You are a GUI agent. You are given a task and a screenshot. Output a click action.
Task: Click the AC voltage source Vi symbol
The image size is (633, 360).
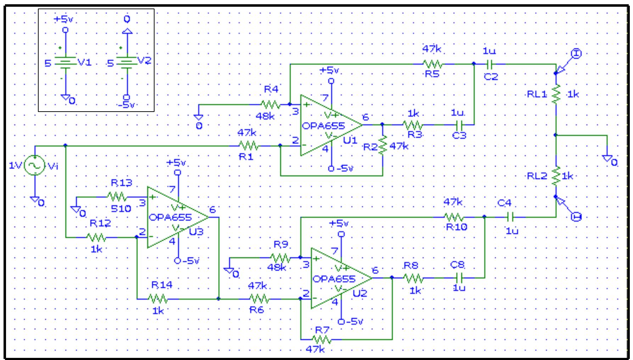click(35, 165)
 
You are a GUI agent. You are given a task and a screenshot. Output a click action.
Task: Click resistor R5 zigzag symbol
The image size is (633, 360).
click(432, 64)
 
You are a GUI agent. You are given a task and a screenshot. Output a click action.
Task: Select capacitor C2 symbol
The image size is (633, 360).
click(490, 64)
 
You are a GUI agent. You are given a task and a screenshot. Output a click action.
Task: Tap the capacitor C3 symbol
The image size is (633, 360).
click(459, 125)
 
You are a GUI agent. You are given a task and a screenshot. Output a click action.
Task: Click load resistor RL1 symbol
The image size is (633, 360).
click(556, 94)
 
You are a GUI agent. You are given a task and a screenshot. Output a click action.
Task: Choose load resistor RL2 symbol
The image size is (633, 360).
click(556, 176)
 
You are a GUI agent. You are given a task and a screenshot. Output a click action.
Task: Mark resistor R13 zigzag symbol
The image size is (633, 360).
click(117, 197)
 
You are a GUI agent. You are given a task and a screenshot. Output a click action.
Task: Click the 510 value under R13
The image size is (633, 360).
click(121, 209)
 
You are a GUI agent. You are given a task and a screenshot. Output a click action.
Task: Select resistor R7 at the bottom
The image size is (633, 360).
click(322, 340)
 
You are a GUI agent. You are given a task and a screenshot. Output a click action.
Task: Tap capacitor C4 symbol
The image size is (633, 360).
click(510, 216)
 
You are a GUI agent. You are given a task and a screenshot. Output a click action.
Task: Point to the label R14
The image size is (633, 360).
click(162, 285)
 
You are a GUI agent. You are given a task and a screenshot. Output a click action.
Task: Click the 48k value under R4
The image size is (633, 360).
click(265, 116)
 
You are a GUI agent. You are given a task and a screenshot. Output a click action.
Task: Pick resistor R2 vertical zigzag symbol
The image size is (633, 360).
click(383, 145)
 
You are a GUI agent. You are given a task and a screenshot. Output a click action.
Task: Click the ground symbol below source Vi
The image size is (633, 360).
click(35, 200)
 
